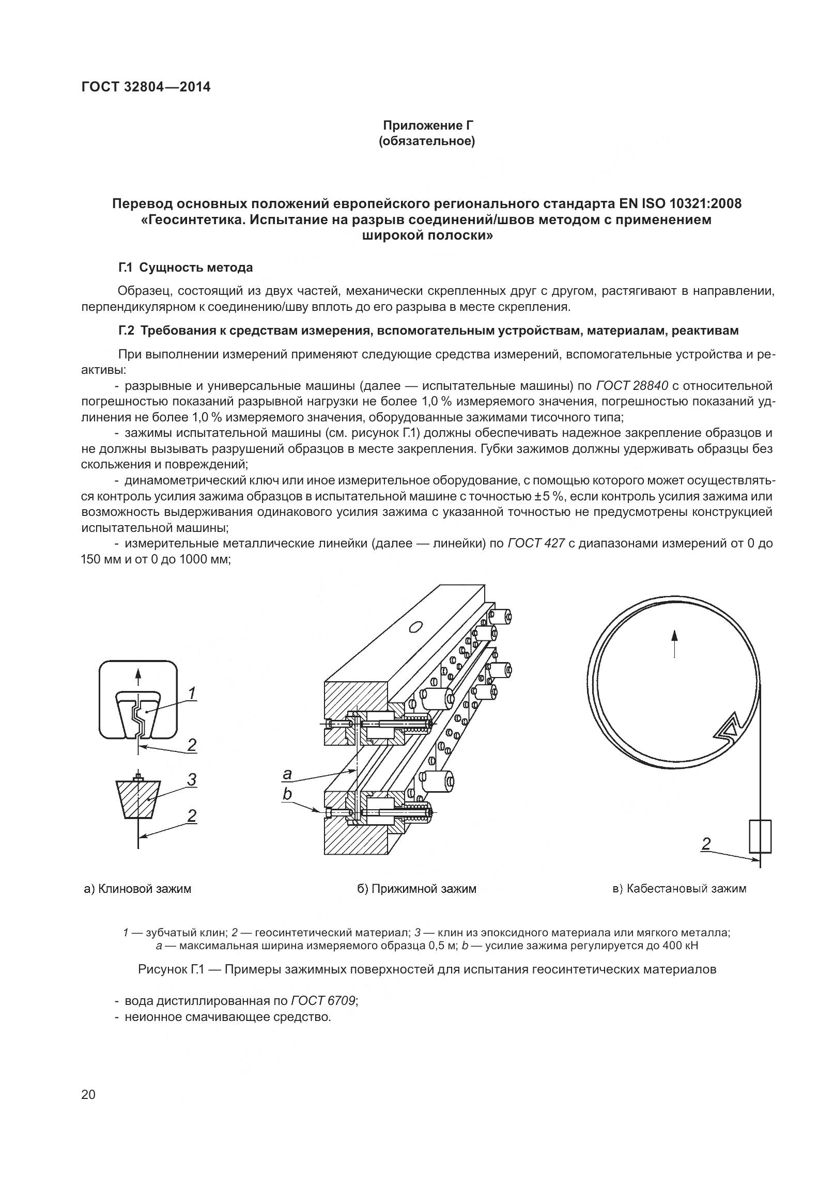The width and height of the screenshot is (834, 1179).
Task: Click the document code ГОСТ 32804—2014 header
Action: tap(146, 87)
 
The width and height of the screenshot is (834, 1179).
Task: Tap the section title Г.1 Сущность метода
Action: tap(186, 268)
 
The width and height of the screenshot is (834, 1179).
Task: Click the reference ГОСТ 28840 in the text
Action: tap(632, 386)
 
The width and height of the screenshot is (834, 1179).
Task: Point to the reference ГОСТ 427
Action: tap(536, 543)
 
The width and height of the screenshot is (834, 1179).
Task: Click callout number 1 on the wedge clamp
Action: tap(191, 693)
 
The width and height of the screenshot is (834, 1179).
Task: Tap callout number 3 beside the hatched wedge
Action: tap(192, 779)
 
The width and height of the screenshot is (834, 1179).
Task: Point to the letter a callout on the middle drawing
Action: tap(287, 774)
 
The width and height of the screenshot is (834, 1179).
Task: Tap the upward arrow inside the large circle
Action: tap(674, 642)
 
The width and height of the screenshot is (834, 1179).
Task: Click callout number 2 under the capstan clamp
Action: tap(706, 844)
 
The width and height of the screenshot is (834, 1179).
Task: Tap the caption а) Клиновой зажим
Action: tap(137, 889)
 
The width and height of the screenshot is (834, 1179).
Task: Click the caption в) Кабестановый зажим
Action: tap(679, 889)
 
